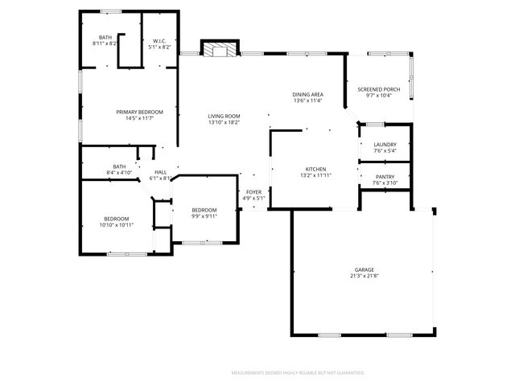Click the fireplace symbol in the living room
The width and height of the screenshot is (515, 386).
tap(219, 50)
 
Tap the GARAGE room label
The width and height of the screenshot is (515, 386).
tap(365, 270)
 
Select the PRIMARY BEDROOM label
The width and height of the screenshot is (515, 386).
tap(139, 112)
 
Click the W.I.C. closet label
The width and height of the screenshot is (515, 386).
tap(159, 41)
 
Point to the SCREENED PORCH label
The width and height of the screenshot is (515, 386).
tap(378, 89)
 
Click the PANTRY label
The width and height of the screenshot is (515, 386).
tap(385, 176)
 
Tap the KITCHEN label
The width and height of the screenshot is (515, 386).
tap(315, 169)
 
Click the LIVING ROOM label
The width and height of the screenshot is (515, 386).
tap(225, 117)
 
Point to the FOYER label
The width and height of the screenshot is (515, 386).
tap(253, 192)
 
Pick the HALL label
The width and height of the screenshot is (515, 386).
tap(161, 172)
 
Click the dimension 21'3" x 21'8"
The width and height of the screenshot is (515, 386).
tap(365, 277)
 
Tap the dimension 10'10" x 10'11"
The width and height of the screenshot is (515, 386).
tap(116, 224)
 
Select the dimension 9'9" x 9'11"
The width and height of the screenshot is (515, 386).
tap(204, 216)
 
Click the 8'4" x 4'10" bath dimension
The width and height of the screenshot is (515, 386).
tap(119, 173)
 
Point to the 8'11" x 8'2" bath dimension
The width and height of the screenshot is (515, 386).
tap(105, 43)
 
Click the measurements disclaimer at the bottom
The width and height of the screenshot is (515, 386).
tap(298, 373)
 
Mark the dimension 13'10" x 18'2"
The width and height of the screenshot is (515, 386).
tap(225, 123)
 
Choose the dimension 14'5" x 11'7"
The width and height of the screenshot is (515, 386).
tap(139, 118)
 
